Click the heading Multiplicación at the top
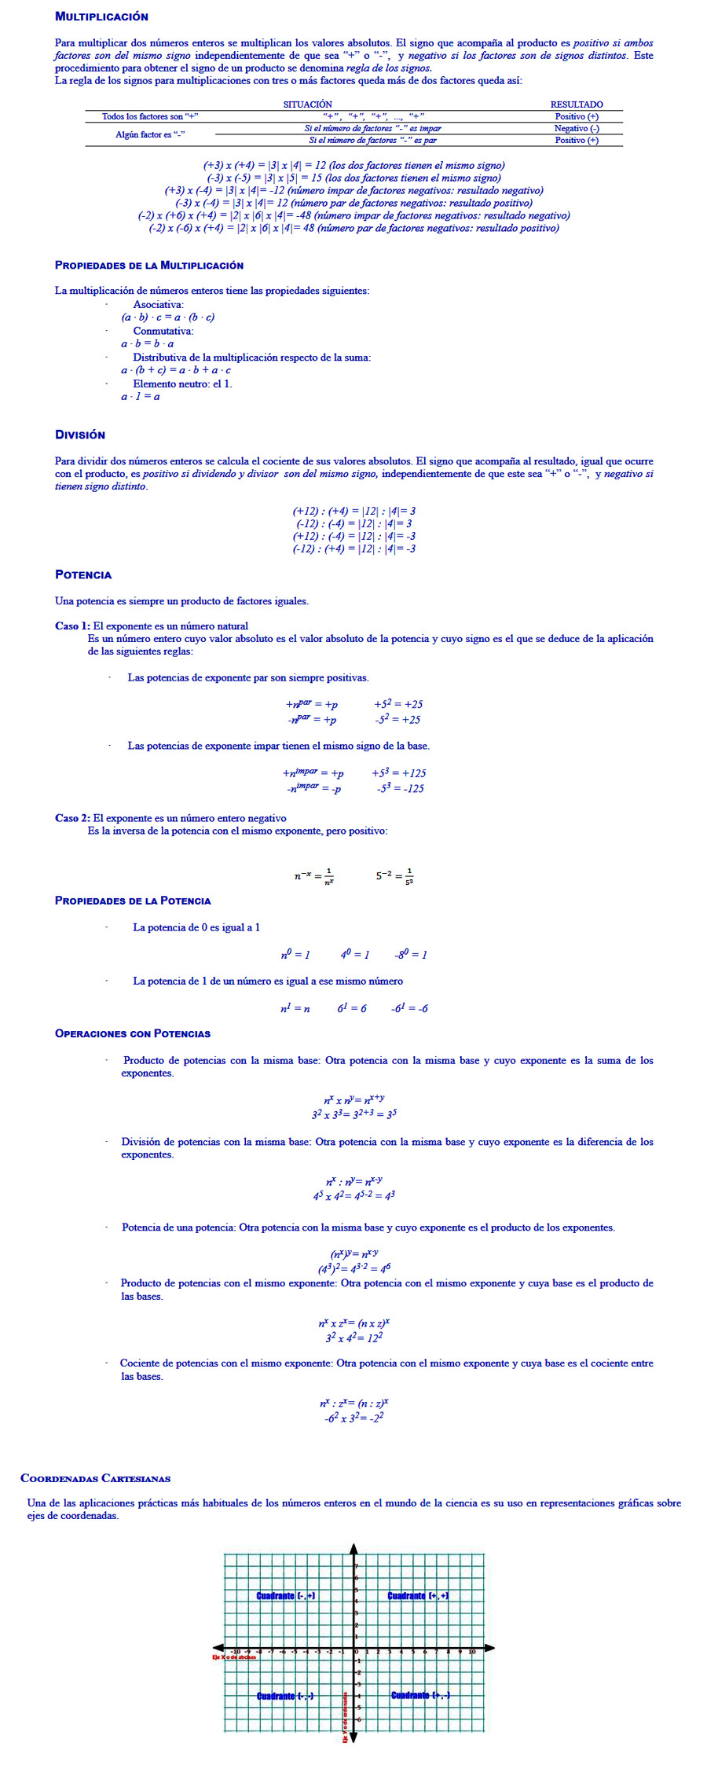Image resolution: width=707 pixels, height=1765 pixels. (101, 17)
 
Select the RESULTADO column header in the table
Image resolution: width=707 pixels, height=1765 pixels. (576, 105)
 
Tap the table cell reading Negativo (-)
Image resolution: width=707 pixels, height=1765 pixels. (576, 128)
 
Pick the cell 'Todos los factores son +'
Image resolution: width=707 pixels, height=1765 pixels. (150, 116)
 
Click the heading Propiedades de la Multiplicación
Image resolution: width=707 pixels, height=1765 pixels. (149, 266)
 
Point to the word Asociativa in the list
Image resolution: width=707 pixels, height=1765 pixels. (158, 305)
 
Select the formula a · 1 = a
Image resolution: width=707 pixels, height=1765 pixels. (141, 397)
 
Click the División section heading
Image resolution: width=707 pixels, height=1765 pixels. (80, 435)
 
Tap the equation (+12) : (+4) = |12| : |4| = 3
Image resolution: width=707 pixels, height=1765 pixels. (353, 512)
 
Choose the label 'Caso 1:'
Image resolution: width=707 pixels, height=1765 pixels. (72, 626)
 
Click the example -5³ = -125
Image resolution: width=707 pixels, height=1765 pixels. (400, 788)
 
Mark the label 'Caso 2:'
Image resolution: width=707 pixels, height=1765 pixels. (72, 818)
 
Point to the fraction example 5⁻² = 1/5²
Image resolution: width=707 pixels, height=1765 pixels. (394, 875)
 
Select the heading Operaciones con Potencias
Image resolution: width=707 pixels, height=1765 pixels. (133, 1033)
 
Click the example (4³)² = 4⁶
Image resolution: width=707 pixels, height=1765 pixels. (354, 1268)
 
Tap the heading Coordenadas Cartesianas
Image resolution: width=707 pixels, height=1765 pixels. (95, 1478)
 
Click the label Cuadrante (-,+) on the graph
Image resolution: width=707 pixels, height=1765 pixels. (286, 1596)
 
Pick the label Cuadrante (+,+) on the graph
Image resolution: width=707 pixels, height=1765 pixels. (418, 1596)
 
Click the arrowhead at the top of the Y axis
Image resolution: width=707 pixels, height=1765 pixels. (353, 1549)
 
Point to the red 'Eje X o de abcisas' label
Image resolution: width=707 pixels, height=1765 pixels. (233, 1657)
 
